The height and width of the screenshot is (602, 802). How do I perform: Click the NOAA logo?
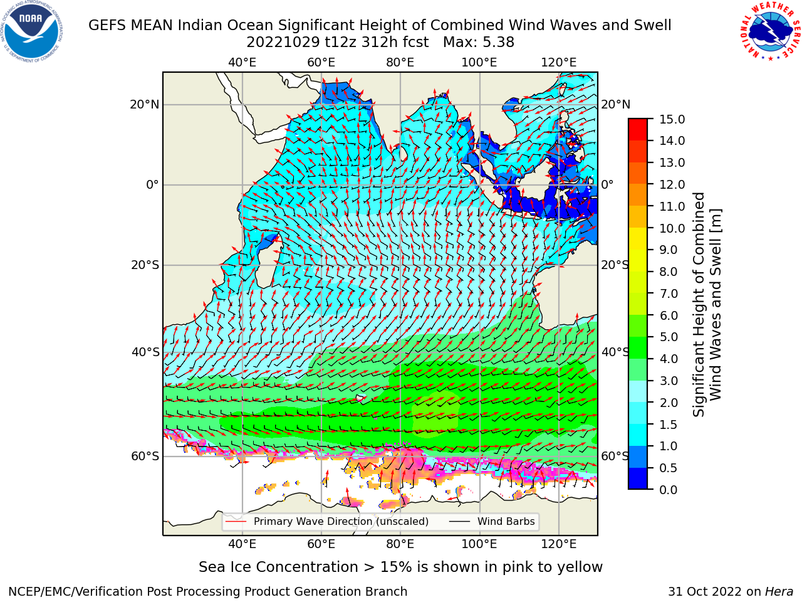32,32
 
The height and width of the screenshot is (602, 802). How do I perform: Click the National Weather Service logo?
769,32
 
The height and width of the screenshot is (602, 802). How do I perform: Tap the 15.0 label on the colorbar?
672,120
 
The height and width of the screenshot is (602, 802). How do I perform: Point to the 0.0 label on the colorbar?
669,490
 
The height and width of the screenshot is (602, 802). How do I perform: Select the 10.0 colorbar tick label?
672,228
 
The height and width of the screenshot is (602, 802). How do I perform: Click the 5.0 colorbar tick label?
669,337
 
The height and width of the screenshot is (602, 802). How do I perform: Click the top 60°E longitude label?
321,63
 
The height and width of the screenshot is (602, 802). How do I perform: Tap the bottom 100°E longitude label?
479,544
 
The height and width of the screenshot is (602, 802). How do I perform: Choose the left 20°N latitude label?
145,105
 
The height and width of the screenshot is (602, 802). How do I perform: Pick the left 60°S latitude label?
145,457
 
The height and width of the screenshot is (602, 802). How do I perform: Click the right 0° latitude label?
607,184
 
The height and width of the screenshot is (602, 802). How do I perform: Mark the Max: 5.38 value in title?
479,43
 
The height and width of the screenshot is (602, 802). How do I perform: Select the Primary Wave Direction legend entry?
326,522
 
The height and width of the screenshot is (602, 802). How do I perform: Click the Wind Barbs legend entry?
492,522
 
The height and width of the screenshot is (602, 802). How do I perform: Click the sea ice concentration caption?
400,568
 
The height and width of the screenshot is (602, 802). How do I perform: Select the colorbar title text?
707,304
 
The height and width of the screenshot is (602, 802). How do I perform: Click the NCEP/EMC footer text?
207,592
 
